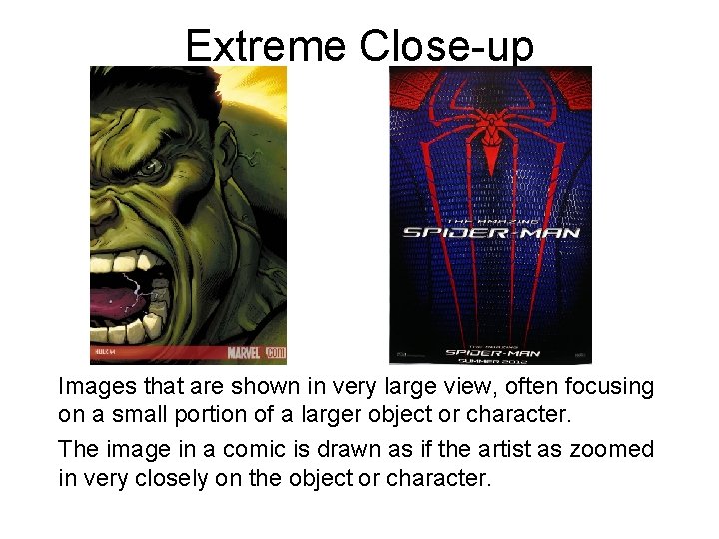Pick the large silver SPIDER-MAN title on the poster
(490, 233)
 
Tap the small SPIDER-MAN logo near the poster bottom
(490, 352)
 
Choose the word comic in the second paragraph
(246, 450)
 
